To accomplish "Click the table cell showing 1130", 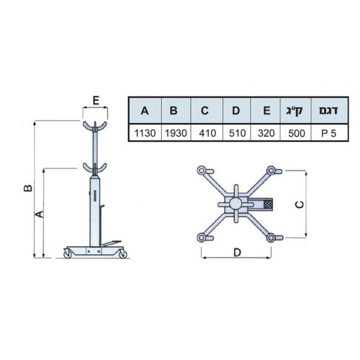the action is [145, 133].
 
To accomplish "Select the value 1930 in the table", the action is [176, 133].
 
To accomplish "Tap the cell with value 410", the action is [207, 133].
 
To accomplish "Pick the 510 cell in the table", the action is [237, 133].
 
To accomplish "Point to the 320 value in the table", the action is [266, 133].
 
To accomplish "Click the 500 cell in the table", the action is [297, 133].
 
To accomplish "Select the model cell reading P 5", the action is [329, 133].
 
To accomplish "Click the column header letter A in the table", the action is [145, 111].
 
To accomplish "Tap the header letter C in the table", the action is [204, 111].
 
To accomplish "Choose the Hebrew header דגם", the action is [328, 110].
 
